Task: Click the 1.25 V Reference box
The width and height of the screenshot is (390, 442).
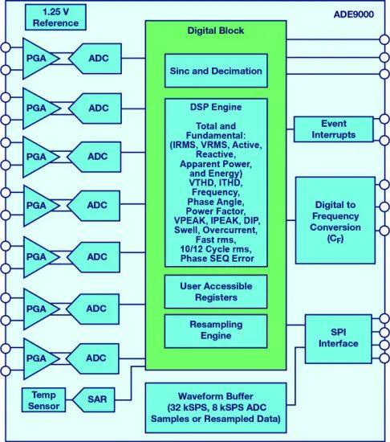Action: tap(55, 18)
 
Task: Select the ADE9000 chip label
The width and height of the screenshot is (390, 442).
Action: tap(354, 14)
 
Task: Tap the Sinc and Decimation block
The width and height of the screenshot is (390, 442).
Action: tap(216, 71)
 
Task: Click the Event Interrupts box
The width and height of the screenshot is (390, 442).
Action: tap(334, 129)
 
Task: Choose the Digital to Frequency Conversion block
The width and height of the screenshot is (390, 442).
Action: tap(335, 220)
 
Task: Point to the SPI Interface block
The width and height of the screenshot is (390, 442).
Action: tap(338, 338)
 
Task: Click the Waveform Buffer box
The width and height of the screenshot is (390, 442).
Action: tap(216, 407)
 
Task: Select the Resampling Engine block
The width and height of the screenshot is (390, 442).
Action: tap(216, 331)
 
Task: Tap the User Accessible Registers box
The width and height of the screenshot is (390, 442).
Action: tap(216, 292)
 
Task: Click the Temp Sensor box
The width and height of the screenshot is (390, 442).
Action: tap(43, 400)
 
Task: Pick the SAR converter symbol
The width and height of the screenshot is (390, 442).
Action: tap(94, 399)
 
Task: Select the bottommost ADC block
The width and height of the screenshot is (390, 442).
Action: tap(92, 358)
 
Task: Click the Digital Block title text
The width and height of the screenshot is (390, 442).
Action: tap(216, 31)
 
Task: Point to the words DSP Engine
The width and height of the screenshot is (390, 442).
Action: tap(216, 107)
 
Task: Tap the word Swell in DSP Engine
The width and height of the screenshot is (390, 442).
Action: tap(187, 230)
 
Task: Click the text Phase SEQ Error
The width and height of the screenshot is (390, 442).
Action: tap(217, 259)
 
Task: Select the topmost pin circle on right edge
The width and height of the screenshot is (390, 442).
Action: tap(384, 39)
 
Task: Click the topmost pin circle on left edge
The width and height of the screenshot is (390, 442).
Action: tap(6, 47)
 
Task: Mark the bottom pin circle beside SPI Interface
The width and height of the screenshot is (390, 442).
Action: tap(384, 358)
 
